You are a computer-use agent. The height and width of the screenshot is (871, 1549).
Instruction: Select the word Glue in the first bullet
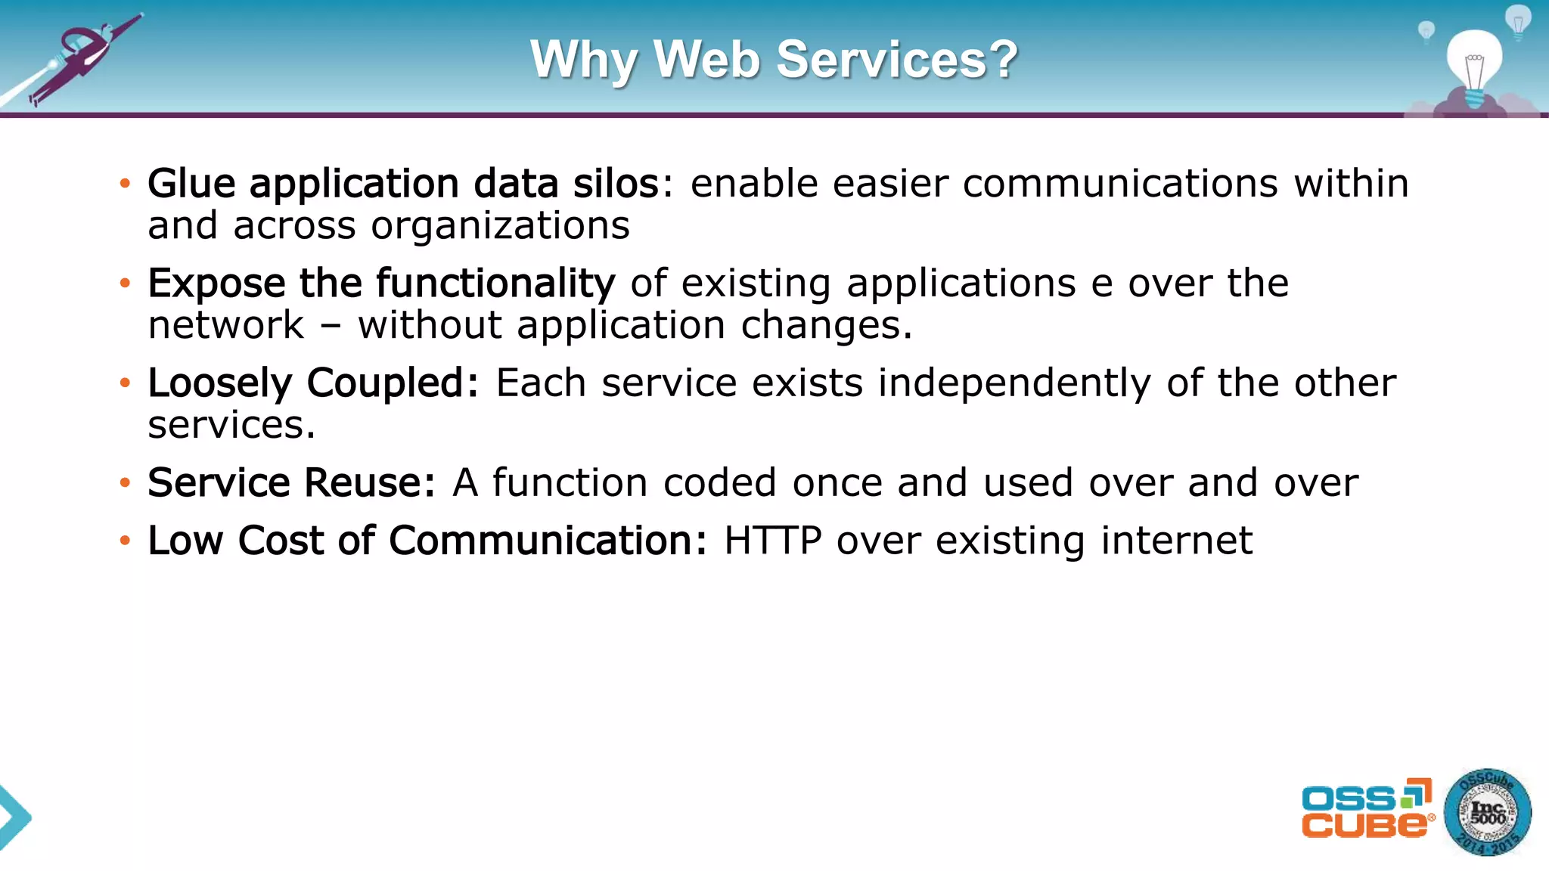[191, 184]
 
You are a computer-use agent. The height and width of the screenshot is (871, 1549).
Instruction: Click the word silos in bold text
[616, 184]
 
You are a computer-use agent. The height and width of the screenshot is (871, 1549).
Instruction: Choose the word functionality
[495, 284]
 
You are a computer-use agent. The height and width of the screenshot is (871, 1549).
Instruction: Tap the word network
[226, 326]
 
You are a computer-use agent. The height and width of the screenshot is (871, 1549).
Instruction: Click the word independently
[1014, 383]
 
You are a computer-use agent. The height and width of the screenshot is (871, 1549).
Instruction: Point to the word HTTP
[772, 541]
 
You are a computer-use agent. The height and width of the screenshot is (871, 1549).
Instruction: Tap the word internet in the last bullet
[1176, 541]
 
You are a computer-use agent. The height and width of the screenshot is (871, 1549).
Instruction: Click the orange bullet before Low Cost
[125, 541]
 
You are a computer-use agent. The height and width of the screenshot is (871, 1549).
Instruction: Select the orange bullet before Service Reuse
[125, 483]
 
